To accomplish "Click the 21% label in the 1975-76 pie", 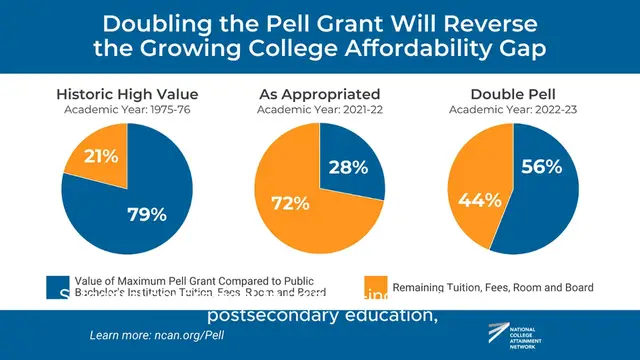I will pyautogui.click(x=102, y=156).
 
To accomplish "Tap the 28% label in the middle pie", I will pyautogui.click(x=347, y=166).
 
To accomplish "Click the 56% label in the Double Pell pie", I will pyautogui.click(x=540, y=167).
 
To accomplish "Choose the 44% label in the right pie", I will pyautogui.click(x=478, y=200).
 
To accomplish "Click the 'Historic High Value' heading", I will pyautogui.click(x=125, y=95).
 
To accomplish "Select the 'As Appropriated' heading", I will pyautogui.click(x=319, y=95).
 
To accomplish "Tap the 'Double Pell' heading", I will pyautogui.click(x=512, y=95).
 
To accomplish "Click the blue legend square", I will pyautogui.click(x=58, y=287).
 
